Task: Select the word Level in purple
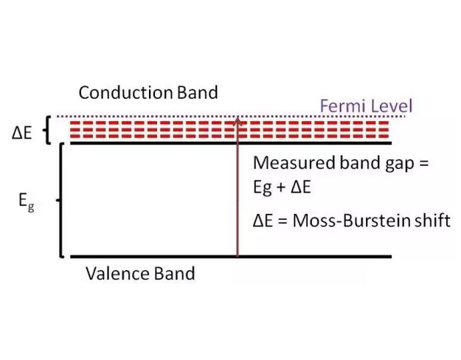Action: point(390,105)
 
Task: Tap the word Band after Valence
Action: point(174,274)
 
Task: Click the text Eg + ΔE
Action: point(282,187)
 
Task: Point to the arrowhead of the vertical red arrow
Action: point(237,119)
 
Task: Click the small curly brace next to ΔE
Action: point(49,131)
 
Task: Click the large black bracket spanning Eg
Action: point(61,200)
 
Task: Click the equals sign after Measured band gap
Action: point(422,164)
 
